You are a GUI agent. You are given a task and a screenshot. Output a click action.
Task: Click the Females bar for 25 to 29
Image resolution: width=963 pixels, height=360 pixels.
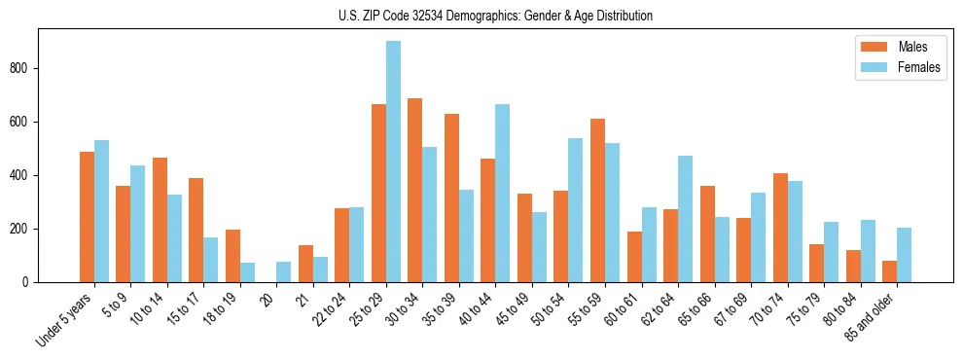393,162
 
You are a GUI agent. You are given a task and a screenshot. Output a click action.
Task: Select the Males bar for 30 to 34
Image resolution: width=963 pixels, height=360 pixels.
415,191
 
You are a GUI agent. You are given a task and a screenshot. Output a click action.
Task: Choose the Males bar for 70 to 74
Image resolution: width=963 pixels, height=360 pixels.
780,228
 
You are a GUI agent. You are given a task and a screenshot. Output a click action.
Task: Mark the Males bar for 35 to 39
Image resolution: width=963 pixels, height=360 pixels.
451,198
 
